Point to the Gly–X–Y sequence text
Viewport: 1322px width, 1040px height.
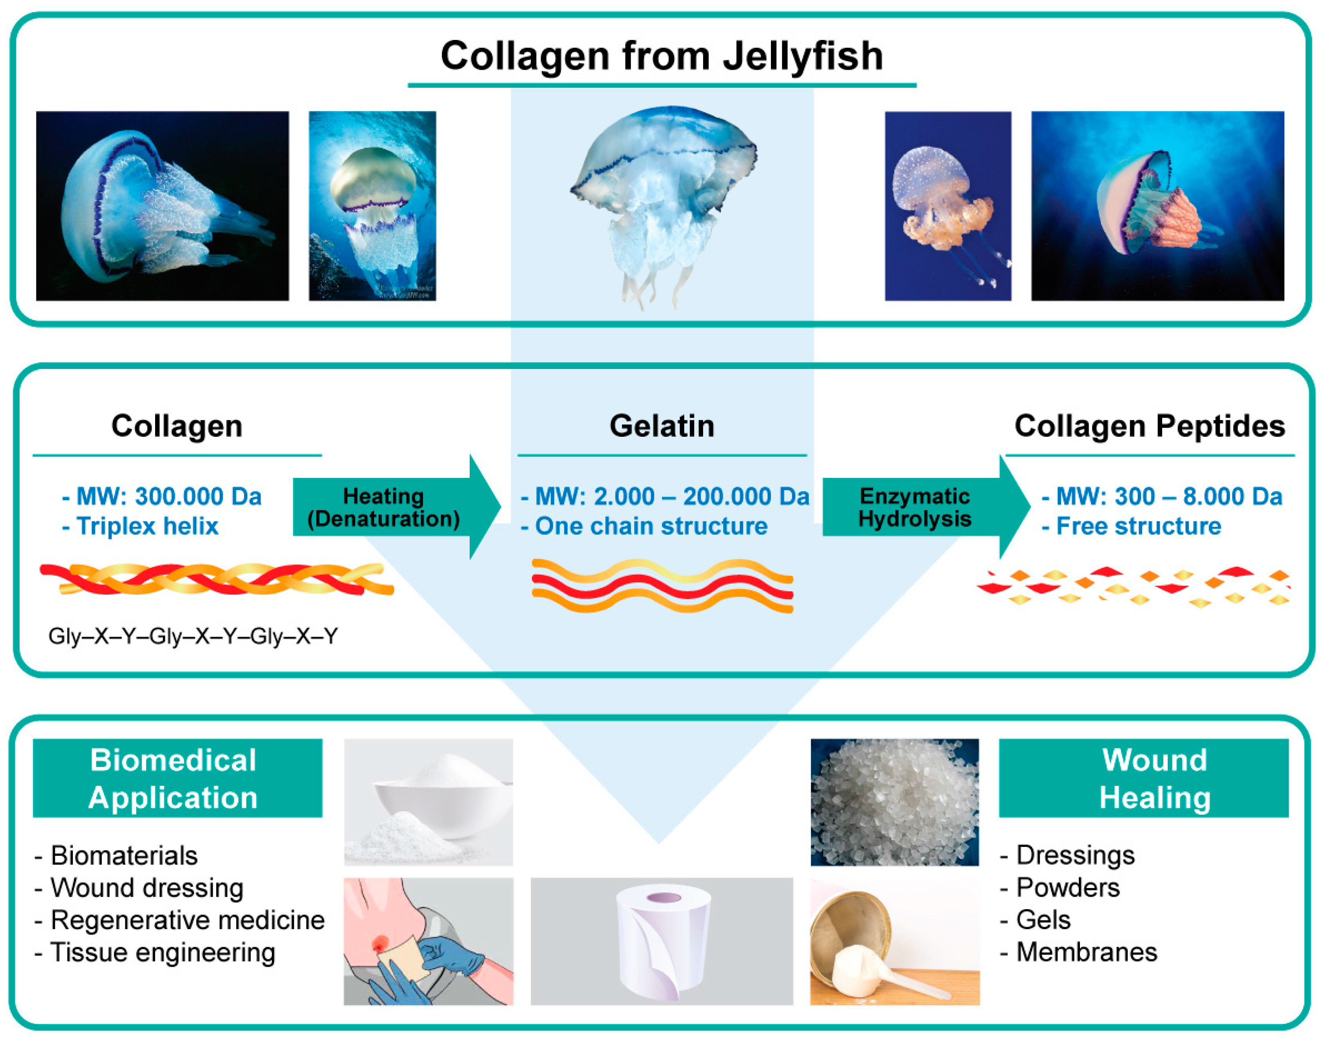pos(193,636)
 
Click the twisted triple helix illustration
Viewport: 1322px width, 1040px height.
pos(216,579)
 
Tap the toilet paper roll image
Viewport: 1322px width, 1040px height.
pos(662,941)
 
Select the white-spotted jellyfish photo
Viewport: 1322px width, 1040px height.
pos(948,206)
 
